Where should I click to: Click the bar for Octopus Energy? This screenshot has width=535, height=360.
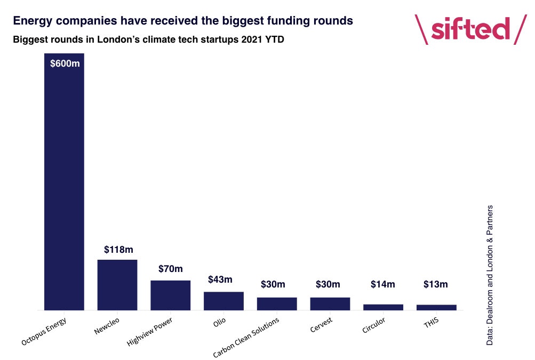pos(64,181)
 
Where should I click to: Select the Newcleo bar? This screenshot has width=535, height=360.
pos(117,285)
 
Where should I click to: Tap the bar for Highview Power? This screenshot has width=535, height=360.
pos(170,295)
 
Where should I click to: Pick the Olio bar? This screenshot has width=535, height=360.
pos(223,301)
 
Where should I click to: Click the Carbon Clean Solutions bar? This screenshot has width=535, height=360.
pos(277,303)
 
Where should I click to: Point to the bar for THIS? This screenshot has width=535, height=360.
pos(436,307)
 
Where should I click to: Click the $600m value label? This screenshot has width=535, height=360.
pos(65,64)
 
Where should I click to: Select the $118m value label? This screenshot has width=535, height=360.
pos(117,249)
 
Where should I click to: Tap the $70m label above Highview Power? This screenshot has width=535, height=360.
pos(170,269)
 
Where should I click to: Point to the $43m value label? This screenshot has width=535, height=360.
pos(220,279)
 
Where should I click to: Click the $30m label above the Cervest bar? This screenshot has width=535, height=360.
pos(329,284)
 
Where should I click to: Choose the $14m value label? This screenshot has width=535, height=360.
pos(382,284)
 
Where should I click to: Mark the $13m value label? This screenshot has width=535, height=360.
pos(435,284)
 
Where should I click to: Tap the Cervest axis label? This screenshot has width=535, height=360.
pos(322,324)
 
